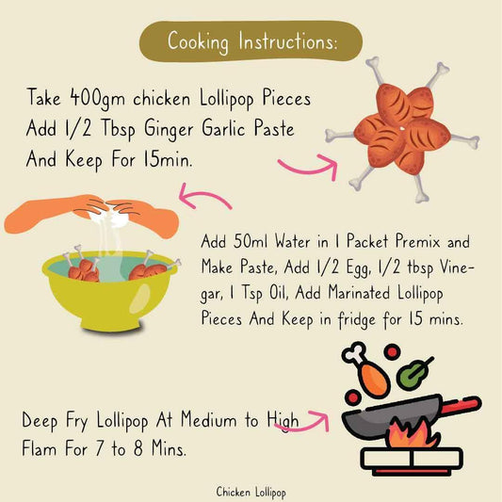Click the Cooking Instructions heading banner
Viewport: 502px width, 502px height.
pos(251,41)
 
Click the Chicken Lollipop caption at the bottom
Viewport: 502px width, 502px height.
pos(251,492)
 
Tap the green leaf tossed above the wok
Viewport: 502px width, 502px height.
pos(411,374)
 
